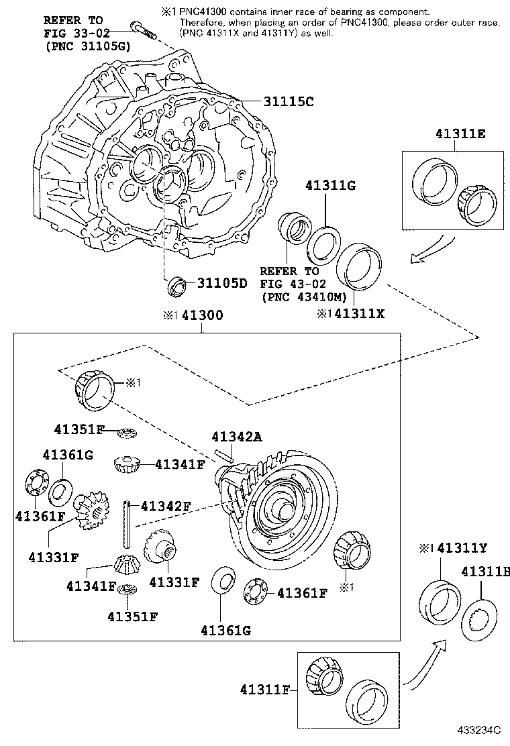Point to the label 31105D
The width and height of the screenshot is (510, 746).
coord(222,283)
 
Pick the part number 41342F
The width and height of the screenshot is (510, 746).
coord(164,505)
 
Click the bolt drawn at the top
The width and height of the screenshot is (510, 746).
coord(143,29)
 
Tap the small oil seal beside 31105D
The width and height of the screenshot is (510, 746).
coord(177,284)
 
